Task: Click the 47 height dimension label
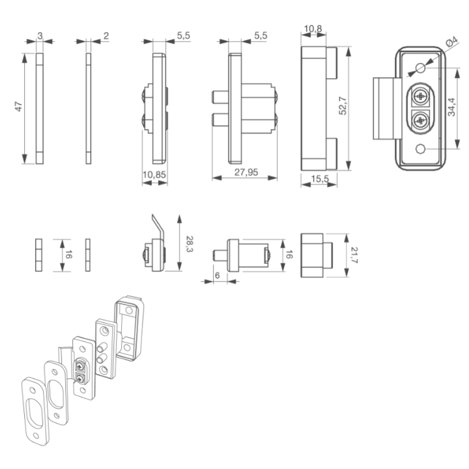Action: (x=18, y=106)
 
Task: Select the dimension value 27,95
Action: (x=246, y=172)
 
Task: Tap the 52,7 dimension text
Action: (x=343, y=106)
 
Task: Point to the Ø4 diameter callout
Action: (x=451, y=42)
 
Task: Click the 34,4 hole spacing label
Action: (x=451, y=107)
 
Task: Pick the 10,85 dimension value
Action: (x=154, y=175)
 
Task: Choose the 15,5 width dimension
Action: (x=320, y=179)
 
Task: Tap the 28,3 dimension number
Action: (x=190, y=244)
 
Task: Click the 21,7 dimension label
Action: (x=354, y=255)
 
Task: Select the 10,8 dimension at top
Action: (x=313, y=29)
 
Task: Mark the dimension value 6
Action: (x=217, y=275)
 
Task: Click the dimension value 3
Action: (x=40, y=36)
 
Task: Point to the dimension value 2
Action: (x=106, y=36)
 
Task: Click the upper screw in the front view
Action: (x=420, y=96)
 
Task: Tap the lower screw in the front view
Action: (x=420, y=121)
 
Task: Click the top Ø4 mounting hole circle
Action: (x=420, y=68)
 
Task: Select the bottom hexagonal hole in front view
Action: (x=420, y=149)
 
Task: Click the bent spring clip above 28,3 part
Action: (x=158, y=227)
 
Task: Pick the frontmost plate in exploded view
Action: (x=35, y=411)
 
